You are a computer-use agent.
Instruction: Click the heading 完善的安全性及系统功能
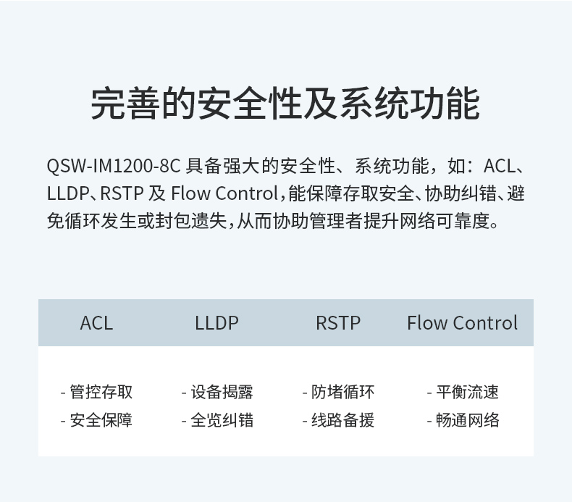[x=285, y=104]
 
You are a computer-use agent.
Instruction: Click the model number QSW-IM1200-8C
[x=113, y=166]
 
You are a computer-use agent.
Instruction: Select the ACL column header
[x=96, y=323]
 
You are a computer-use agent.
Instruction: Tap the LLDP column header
[x=216, y=323]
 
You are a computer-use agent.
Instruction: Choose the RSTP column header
[x=337, y=323]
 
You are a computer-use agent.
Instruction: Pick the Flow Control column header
[x=462, y=323]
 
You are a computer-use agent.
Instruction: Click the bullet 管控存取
[x=101, y=392]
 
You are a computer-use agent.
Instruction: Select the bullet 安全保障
[x=101, y=420]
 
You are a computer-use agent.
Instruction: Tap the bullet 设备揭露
[x=222, y=392]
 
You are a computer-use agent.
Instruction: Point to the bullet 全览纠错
[x=222, y=420]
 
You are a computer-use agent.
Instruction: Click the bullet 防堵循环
[x=342, y=392]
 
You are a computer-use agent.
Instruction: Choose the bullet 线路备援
[x=342, y=420]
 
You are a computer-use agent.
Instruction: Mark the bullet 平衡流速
[x=467, y=392]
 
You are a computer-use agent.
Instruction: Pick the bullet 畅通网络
[x=467, y=420]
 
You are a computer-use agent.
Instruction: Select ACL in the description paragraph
[x=500, y=166]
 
